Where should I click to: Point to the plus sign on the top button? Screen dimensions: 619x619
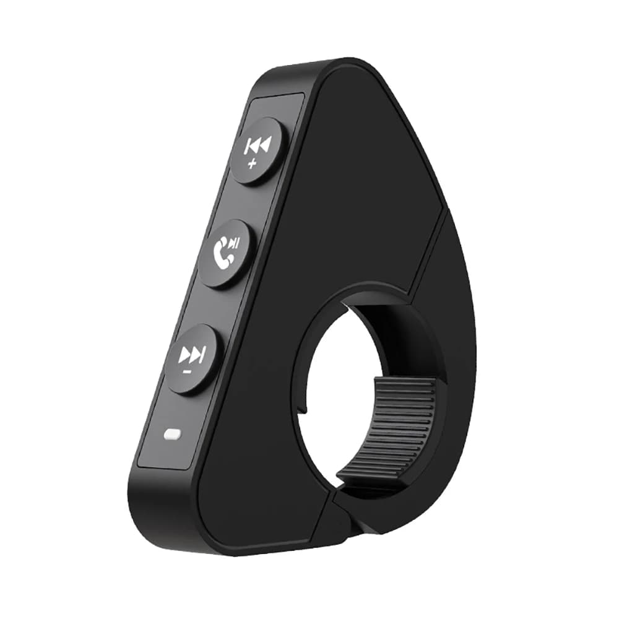click(x=251, y=163)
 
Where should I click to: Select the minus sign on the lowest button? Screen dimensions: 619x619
click(x=186, y=371)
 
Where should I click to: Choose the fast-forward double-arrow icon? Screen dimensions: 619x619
click(x=190, y=355)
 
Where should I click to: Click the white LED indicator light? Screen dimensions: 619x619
click(x=170, y=435)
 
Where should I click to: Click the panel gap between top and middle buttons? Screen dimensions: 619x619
click(x=245, y=201)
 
